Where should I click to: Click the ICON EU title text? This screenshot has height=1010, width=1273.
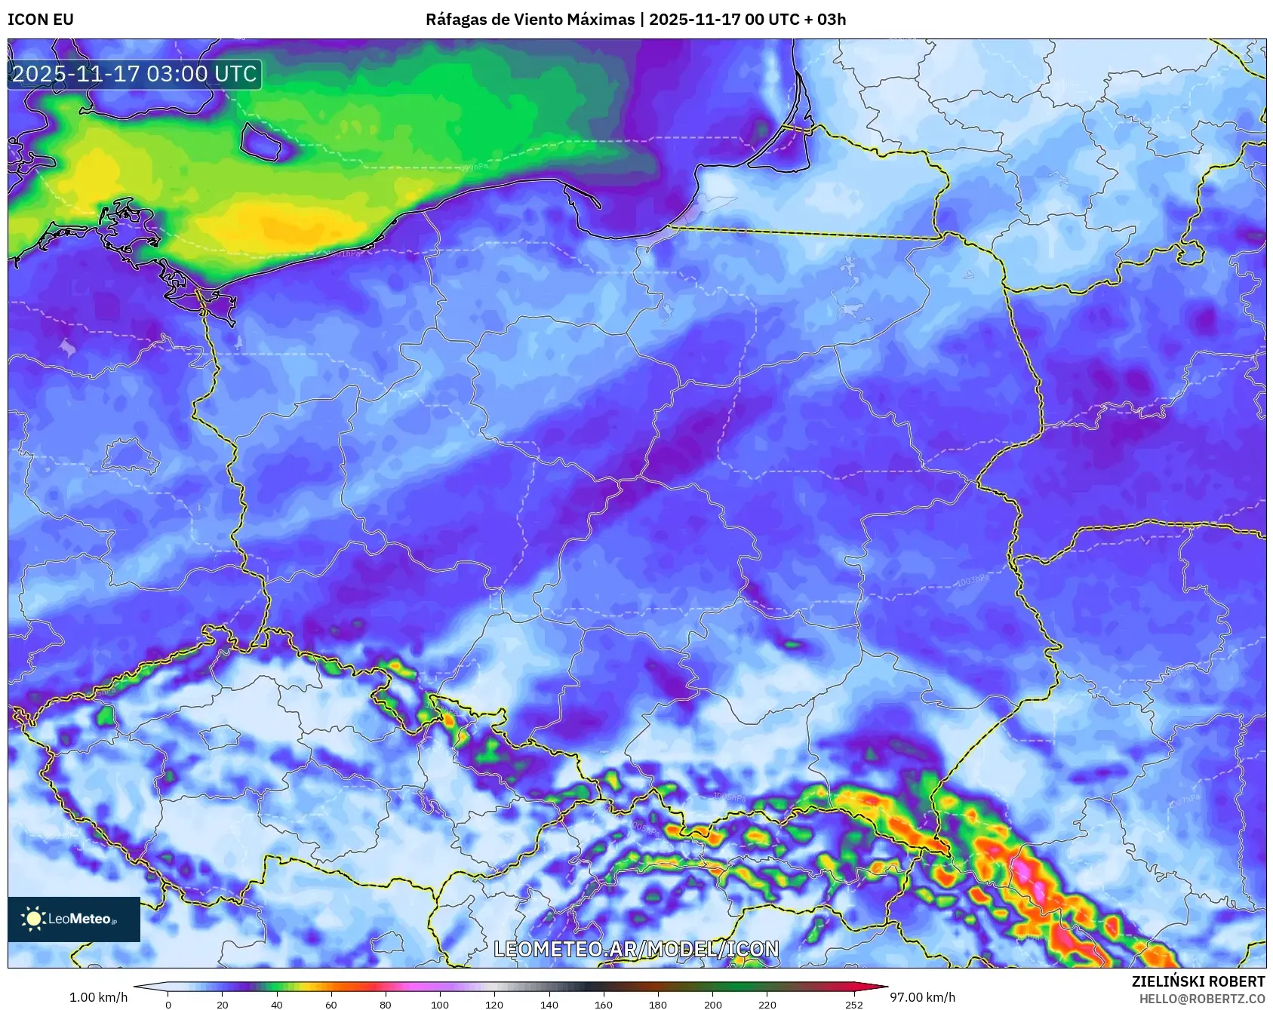point(41,20)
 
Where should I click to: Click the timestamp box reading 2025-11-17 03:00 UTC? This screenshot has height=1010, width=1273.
point(134,74)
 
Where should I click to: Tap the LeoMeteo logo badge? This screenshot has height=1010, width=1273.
point(74,919)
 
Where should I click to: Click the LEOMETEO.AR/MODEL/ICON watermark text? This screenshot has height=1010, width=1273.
point(636,949)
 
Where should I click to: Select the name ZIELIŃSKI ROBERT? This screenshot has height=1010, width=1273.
point(1198,981)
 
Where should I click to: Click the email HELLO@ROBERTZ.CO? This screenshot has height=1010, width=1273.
point(1201,999)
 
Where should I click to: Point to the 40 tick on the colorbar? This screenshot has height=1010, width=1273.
point(277,1004)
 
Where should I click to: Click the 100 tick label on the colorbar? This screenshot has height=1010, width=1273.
point(439,1004)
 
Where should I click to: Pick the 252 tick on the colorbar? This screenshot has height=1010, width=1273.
point(853,1004)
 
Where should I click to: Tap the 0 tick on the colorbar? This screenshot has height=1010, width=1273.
point(168,1004)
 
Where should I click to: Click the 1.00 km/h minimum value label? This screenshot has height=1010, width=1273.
point(98,997)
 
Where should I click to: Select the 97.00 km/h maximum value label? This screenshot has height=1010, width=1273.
point(922,997)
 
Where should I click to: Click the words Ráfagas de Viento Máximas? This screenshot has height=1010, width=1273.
point(530,20)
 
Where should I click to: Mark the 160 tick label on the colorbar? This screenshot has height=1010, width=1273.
point(603,1004)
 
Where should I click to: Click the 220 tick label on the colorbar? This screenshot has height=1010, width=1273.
point(767,1004)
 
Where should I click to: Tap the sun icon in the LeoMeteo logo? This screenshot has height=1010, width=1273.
point(33,919)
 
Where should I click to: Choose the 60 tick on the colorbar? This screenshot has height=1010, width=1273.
point(331,1004)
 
